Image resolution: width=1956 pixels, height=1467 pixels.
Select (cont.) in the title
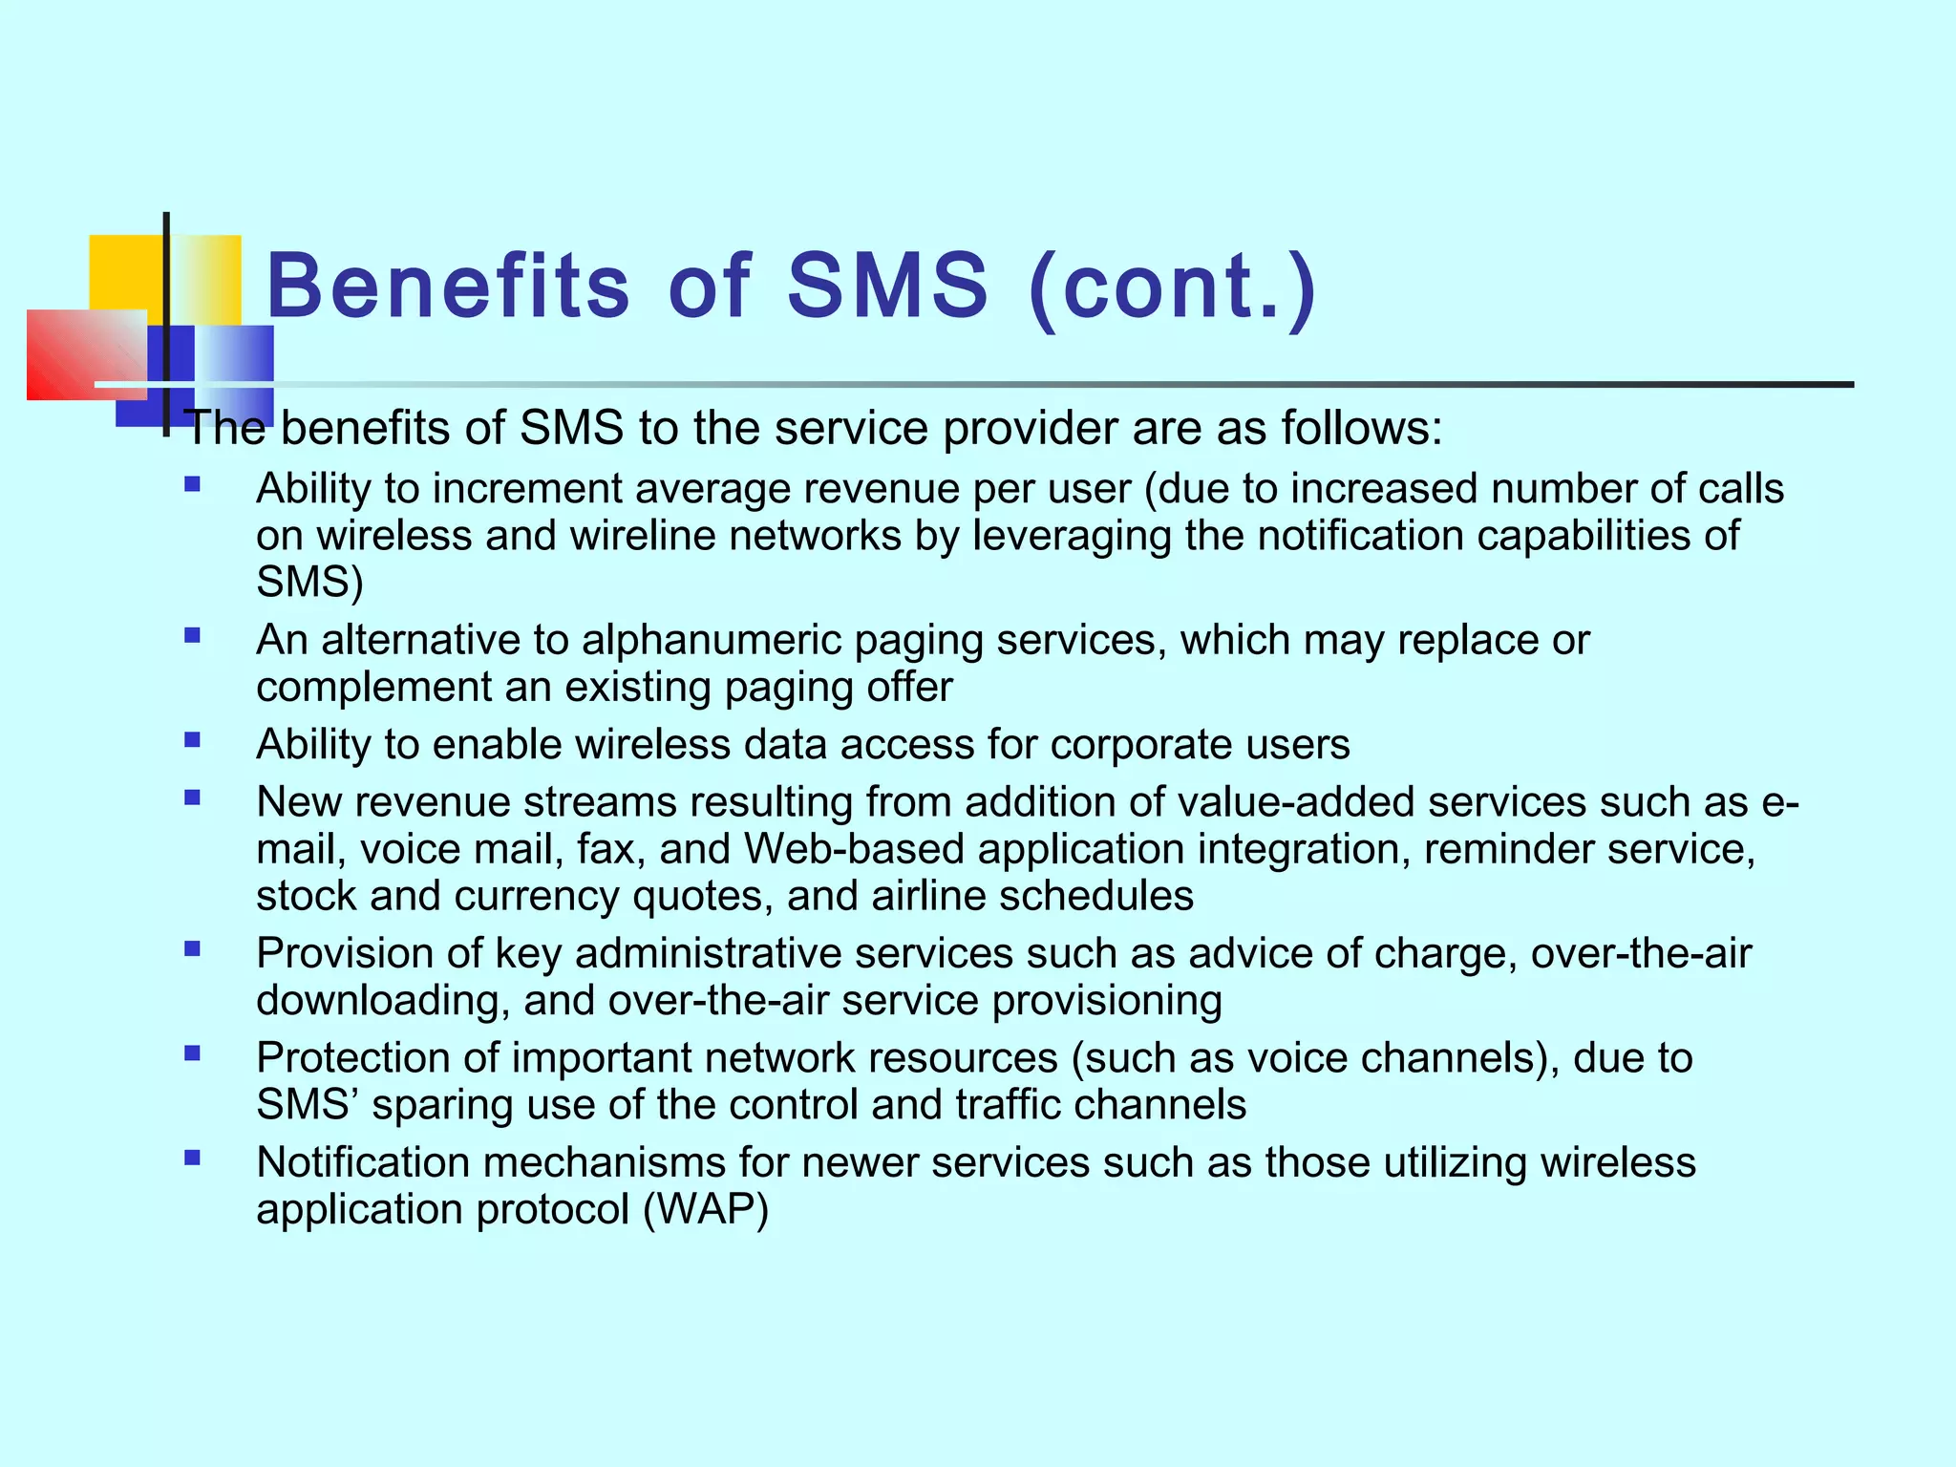(1174, 287)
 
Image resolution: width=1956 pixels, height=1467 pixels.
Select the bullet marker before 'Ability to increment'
(193, 485)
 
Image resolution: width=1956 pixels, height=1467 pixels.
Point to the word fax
(606, 849)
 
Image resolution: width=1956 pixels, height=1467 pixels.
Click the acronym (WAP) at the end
(706, 1210)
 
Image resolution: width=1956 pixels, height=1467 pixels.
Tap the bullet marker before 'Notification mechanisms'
(193, 1159)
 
